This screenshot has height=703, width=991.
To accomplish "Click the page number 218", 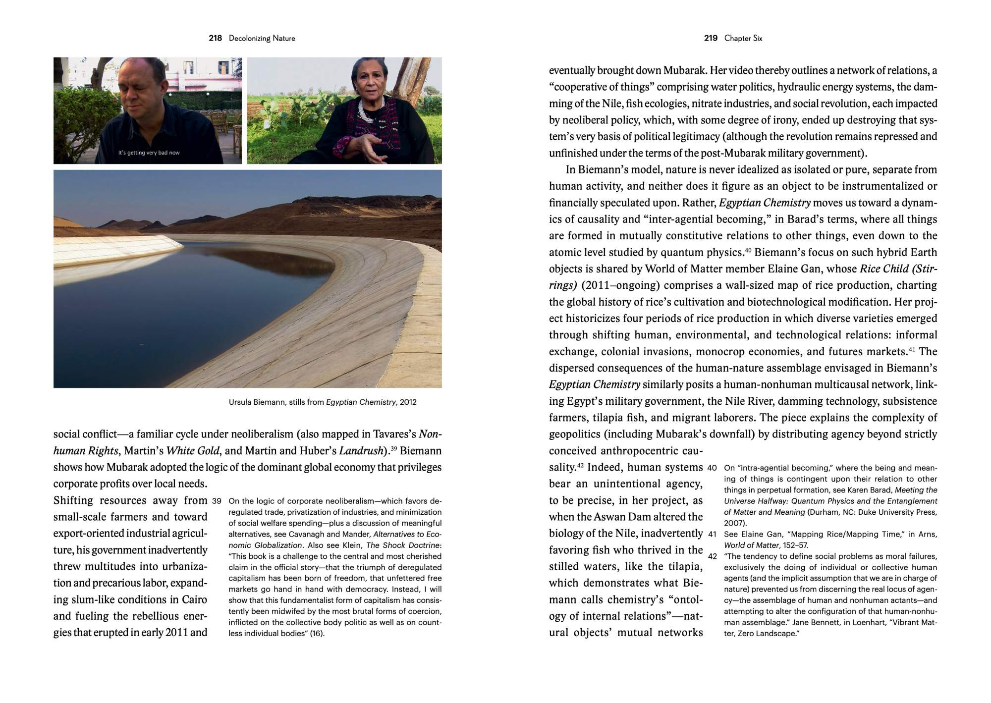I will tap(215, 38).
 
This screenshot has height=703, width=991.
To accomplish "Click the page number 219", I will tap(711, 38).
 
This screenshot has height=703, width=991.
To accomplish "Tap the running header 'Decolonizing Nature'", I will tap(262, 38).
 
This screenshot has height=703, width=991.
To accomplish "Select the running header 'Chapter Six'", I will tap(743, 38).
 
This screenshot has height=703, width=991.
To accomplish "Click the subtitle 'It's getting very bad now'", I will tap(149, 153).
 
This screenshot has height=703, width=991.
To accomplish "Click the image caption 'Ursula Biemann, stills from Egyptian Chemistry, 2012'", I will tap(323, 402).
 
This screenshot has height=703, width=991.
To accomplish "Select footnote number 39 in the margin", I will tap(216, 501).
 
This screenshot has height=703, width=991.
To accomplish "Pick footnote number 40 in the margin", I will tap(712, 468).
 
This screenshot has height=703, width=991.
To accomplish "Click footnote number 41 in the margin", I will tap(712, 535).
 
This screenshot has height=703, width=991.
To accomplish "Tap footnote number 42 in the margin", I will tap(712, 556).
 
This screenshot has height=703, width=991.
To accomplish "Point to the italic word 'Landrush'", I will tap(361, 451).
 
